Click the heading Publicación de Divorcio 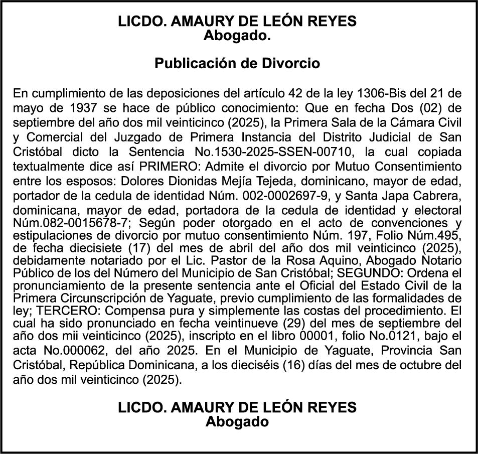tap(237, 64)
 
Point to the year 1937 tap(81, 108)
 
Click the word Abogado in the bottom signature tap(237, 422)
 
